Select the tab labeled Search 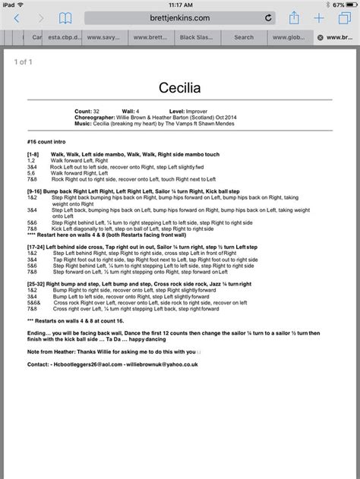243,36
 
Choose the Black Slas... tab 197,36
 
